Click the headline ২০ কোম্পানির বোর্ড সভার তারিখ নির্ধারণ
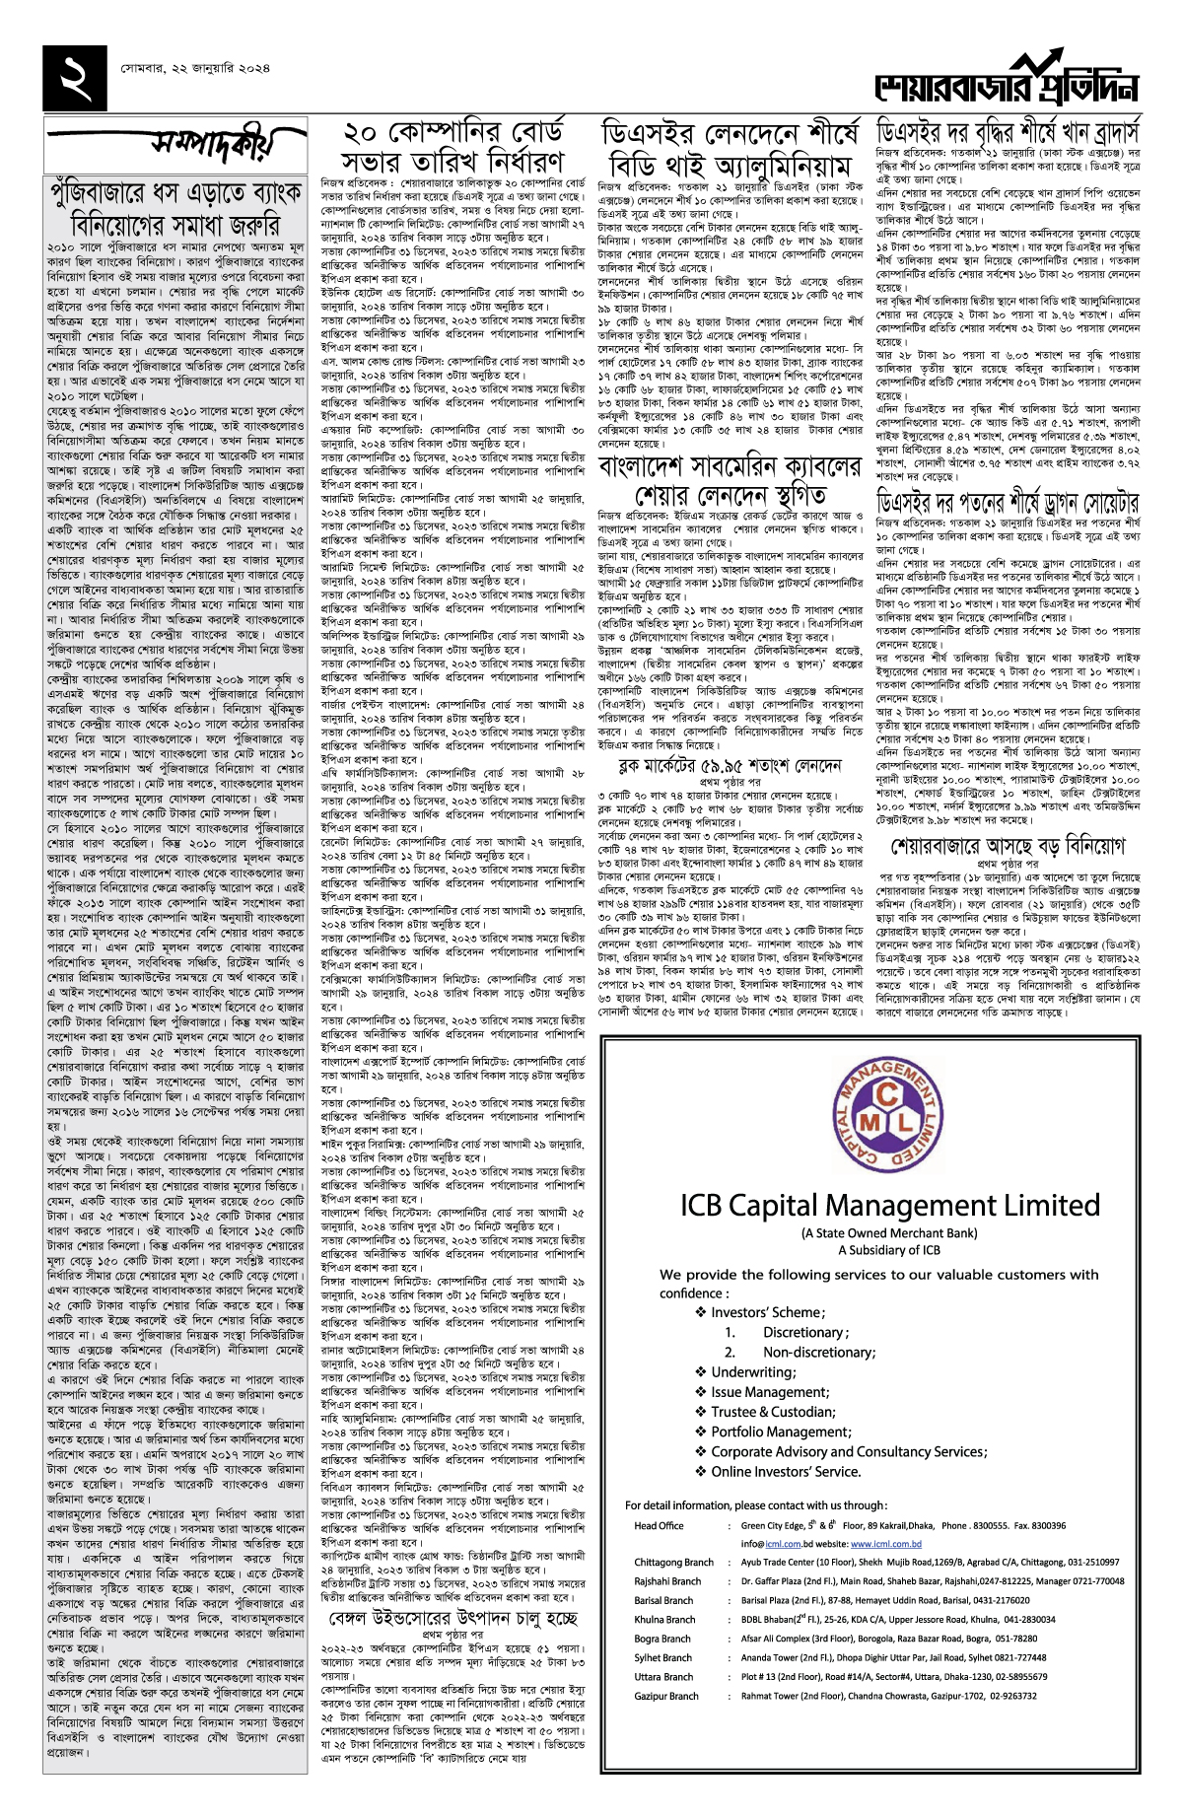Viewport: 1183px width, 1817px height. click(x=452, y=146)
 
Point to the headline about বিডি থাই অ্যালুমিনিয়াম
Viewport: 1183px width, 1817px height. click(x=726, y=148)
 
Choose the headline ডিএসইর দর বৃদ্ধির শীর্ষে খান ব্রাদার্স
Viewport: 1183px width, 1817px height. click(x=1008, y=131)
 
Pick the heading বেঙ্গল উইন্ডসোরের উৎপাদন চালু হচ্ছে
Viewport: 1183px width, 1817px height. click(x=452, y=1619)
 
